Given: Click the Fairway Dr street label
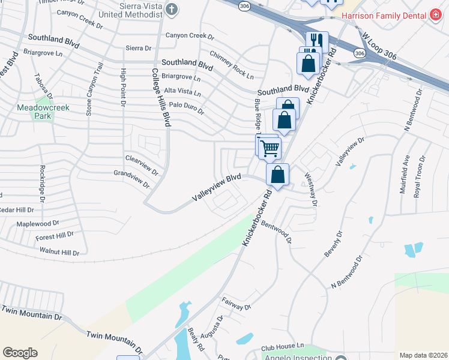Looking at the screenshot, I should (236, 305).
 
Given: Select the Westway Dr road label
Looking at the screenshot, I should (310, 189).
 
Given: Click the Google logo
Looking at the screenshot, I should (20, 353).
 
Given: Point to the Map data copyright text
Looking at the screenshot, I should (423, 355).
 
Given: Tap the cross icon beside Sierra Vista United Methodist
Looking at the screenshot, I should (172, 9).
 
